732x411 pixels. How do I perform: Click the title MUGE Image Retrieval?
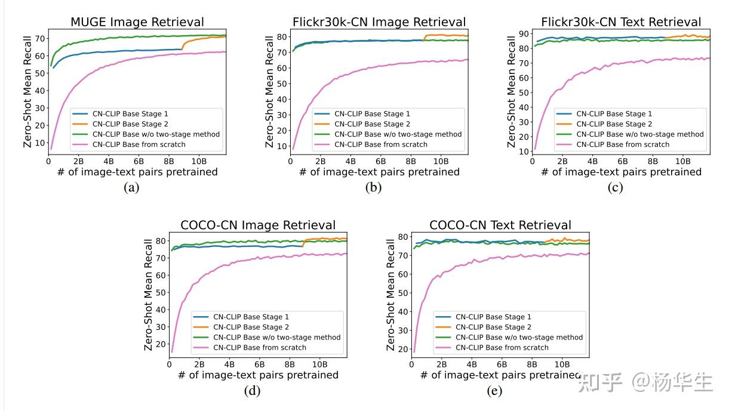[137, 22]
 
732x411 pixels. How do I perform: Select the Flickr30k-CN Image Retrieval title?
[379, 22]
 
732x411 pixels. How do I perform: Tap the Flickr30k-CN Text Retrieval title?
[621, 22]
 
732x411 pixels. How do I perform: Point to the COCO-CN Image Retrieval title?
[258, 225]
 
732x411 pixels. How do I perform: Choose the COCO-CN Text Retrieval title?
[500, 225]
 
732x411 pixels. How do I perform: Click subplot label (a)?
[131, 187]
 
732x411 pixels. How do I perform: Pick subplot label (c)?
[614, 187]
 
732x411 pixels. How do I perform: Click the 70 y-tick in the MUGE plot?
[40, 39]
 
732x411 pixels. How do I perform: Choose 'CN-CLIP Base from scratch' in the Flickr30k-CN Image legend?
[381, 144]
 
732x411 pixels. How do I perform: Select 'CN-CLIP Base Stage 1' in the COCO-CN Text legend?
[493, 317]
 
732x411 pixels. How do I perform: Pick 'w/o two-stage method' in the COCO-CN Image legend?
[277, 338]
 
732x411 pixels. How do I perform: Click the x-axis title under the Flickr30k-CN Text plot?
[621, 172]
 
